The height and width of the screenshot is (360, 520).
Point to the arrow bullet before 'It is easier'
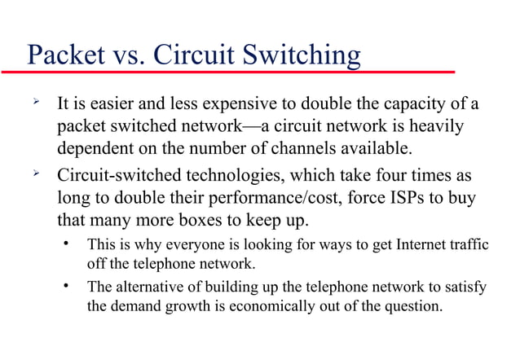tap(34, 104)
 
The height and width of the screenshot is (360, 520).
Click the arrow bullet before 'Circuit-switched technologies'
tap(34, 173)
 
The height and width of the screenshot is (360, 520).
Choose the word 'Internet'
tap(420, 244)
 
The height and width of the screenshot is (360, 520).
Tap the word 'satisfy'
tap(466, 287)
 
